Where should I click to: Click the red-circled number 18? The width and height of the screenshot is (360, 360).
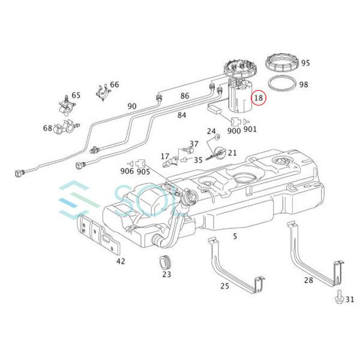259,97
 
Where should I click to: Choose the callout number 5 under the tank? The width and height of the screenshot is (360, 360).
235,236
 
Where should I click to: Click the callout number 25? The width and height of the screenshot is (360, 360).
224,286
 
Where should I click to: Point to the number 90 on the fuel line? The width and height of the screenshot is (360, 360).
132,106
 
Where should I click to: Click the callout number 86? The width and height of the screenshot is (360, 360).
185,96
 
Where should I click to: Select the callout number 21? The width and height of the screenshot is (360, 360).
232,153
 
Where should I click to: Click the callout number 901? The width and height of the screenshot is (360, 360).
250,129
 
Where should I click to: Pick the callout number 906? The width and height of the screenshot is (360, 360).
127,171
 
